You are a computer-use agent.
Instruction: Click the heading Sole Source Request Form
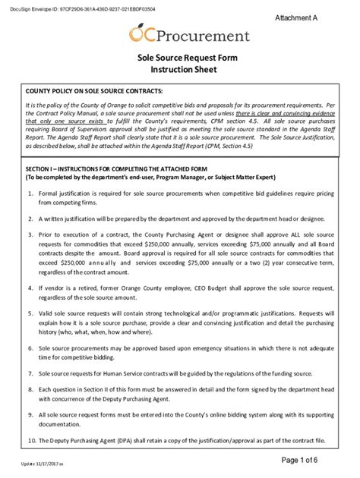point(180,56)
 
